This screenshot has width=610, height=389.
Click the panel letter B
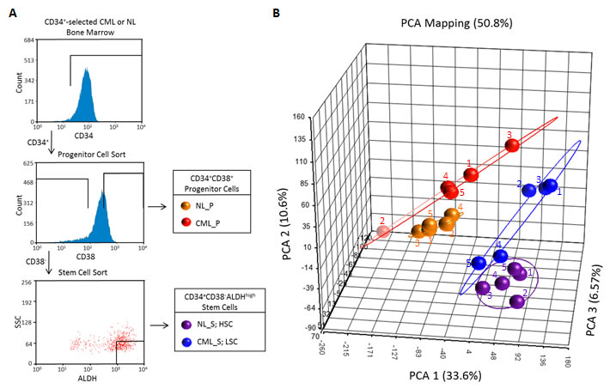274,13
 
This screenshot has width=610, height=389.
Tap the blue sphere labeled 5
478,262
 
